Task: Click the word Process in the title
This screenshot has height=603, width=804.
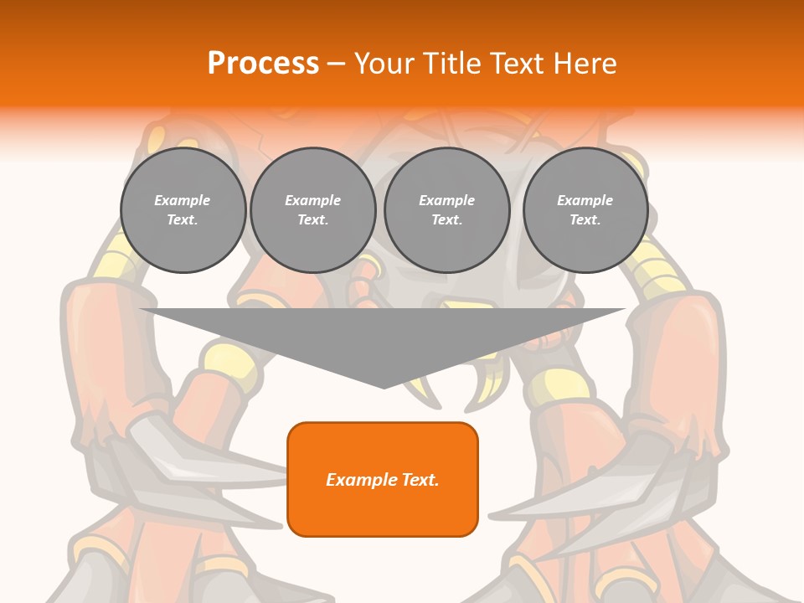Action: (263, 64)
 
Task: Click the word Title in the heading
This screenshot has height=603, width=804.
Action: (449, 64)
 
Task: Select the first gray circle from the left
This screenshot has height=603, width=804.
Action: (183, 210)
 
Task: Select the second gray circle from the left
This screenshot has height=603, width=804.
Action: (313, 210)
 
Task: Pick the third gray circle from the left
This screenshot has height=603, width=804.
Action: (447, 210)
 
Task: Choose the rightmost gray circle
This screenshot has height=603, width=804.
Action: (585, 210)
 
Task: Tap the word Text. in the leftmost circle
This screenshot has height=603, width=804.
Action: (183, 220)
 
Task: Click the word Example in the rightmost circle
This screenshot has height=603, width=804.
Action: (585, 200)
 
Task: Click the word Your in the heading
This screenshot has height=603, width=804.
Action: (383, 64)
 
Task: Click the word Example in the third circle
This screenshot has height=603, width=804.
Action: (447, 200)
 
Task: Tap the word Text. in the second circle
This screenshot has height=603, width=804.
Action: (313, 220)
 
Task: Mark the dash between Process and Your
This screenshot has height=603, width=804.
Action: (337, 64)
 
